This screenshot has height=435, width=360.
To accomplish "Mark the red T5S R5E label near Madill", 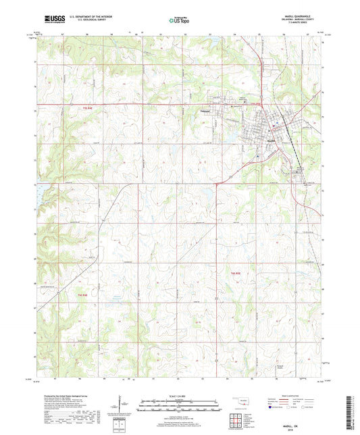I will click(251, 103).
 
